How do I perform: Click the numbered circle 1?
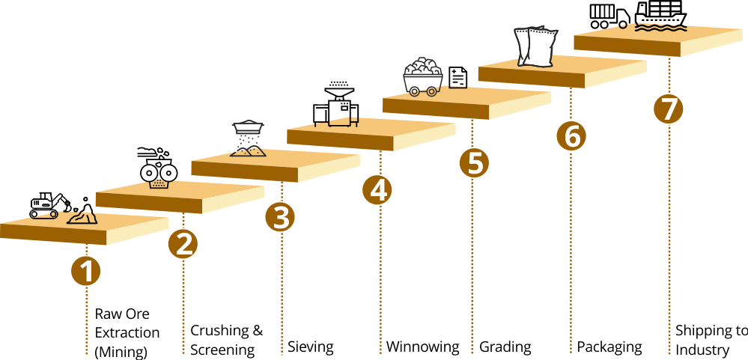tap(86, 271)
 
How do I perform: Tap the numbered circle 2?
tap(183, 244)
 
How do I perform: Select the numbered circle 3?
tap(280, 217)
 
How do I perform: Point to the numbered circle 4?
tap(377, 190)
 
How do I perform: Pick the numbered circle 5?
tap(473, 163)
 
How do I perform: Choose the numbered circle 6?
tap(571, 136)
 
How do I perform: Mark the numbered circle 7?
tap(668, 109)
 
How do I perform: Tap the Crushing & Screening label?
tap(226, 340)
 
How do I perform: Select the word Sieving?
tap(311, 347)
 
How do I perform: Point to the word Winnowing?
tap(422, 347)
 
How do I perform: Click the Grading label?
tap(505, 347)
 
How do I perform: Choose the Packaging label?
tap(609, 347)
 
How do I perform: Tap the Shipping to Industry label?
tap(711, 340)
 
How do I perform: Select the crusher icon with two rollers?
tap(158, 168)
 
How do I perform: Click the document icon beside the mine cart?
tap(458, 76)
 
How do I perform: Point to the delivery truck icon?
tap(608, 16)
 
